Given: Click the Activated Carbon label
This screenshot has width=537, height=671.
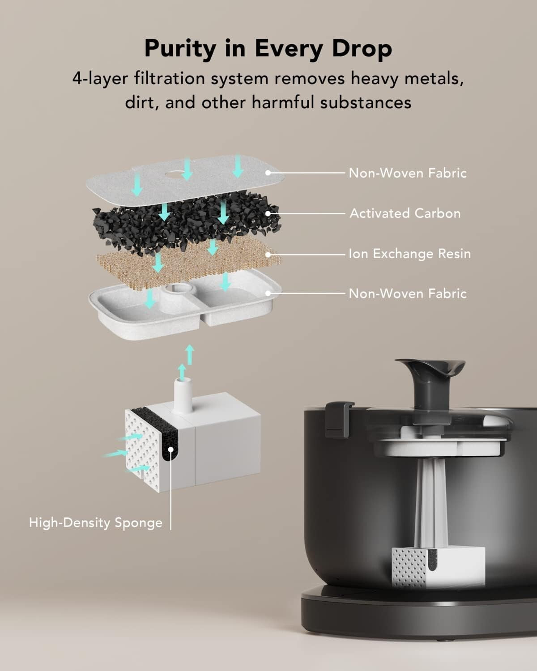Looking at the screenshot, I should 405,213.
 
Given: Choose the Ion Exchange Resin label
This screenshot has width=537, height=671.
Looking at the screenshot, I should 409,254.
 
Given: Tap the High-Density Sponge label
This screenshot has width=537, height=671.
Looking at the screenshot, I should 96,522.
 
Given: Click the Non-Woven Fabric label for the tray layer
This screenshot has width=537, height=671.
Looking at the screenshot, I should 408,293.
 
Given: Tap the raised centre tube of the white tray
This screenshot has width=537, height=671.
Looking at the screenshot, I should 172,297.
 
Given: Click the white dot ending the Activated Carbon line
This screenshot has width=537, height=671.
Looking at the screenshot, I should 268,213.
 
